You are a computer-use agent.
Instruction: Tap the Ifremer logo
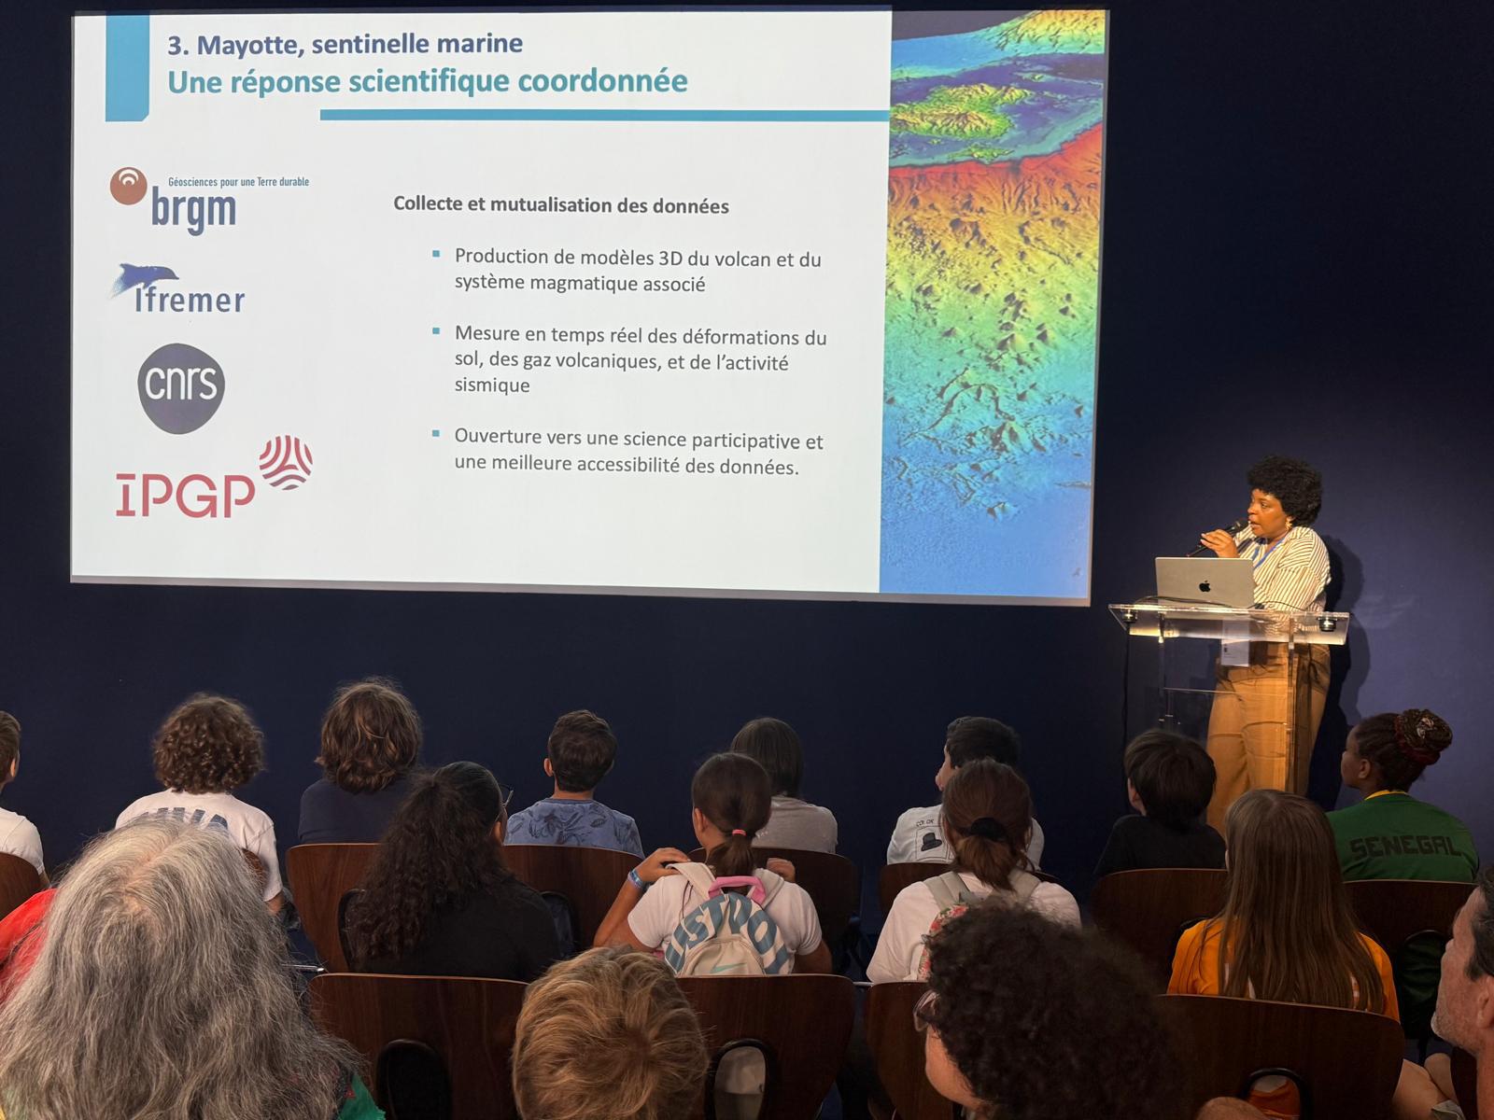[x=178, y=289]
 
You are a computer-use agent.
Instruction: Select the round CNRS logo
[x=181, y=388]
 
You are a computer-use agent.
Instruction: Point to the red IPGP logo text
[x=185, y=495]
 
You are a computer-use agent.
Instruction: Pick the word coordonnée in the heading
[x=602, y=81]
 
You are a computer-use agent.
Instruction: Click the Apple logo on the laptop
[x=1205, y=585]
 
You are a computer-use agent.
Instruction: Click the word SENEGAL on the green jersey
[x=1405, y=847]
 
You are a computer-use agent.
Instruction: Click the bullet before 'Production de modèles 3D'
[x=436, y=254]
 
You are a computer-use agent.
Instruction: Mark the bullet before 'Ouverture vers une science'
[x=436, y=433]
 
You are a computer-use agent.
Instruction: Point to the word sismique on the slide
[x=492, y=385]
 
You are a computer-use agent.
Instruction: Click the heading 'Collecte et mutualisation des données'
[x=561, y=204]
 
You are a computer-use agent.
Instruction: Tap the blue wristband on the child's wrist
[x=636, y=880]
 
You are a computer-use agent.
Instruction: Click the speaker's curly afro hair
[x=1285, y=485]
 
